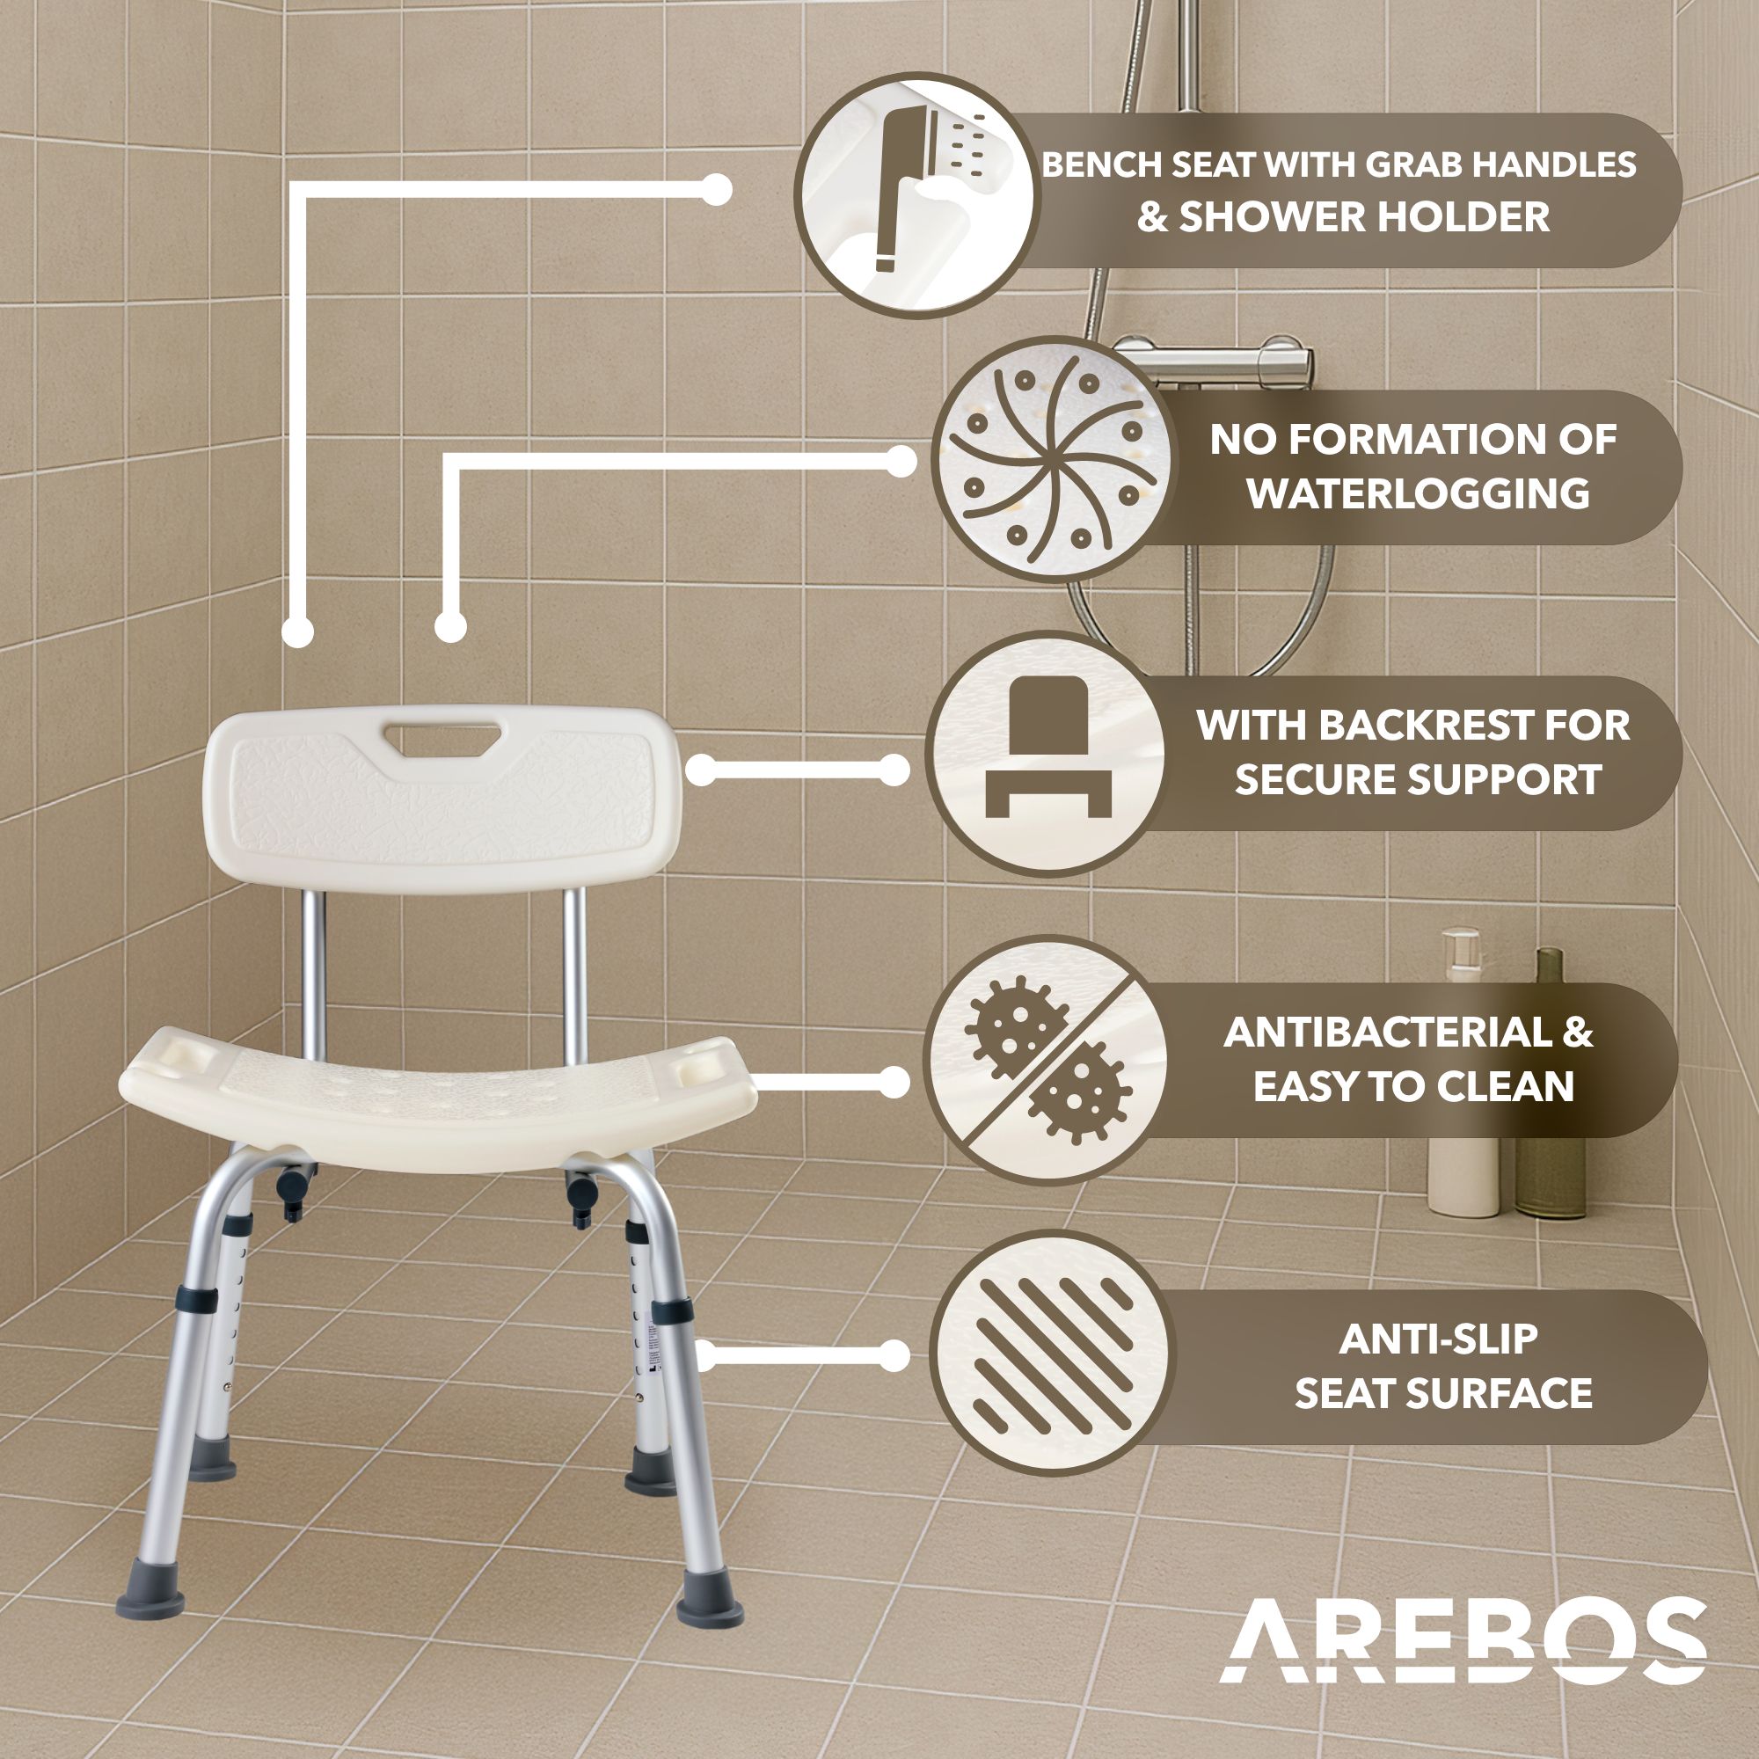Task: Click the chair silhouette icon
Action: coord(1047,748)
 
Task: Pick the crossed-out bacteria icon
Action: coord(1047,1058)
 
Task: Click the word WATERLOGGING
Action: coord(1418,493)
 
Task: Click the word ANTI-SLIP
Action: coord(1439,1339)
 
